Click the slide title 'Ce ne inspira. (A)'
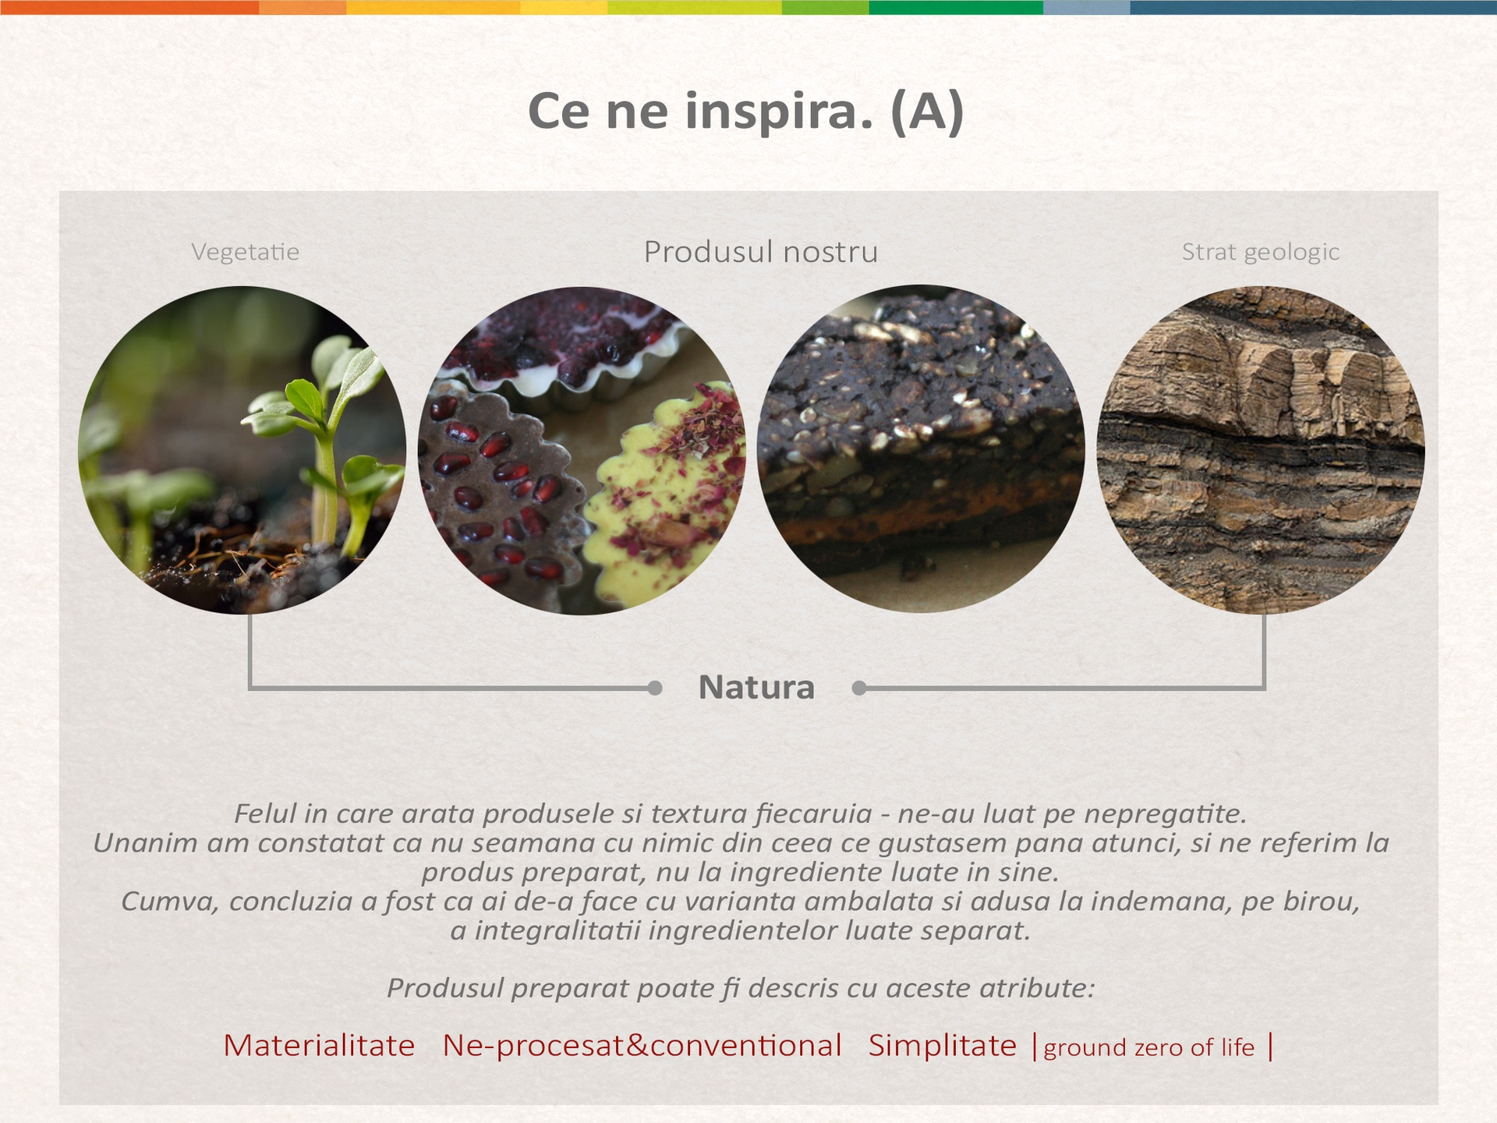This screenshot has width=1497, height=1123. [746, 111]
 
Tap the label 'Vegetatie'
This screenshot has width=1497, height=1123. [246, 252]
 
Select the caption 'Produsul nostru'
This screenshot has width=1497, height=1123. [761, 252]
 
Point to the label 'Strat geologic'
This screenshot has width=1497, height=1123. [1261, 252]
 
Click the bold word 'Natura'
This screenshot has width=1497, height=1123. [756, 687]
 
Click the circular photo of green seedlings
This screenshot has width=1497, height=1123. [242, 450]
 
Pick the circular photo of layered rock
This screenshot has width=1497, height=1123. [1261, 450]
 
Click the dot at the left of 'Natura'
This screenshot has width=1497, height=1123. [655, 688]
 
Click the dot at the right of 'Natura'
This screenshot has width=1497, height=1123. [859, 688]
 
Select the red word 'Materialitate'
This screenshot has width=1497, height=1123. [319, 1046]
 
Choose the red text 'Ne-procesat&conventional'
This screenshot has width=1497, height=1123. [642, 1046]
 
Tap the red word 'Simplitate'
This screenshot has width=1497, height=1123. [943, 1046]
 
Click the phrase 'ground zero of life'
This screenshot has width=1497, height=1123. [1148, 1047]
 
